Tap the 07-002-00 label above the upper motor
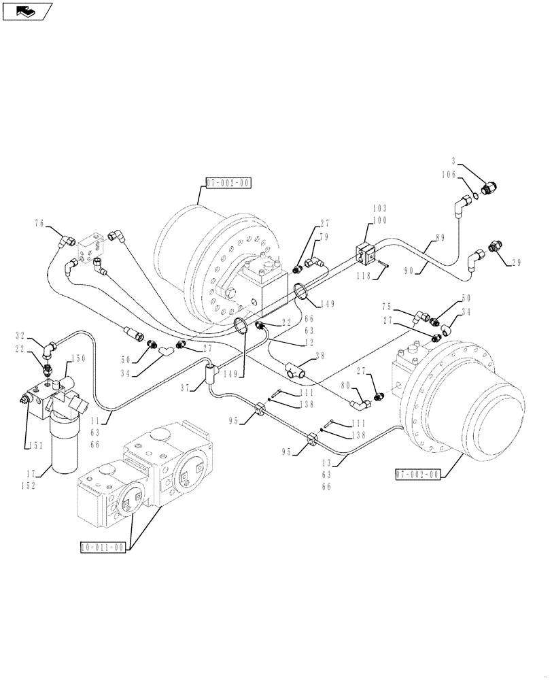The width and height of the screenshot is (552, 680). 227,183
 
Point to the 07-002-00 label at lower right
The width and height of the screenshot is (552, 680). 417,474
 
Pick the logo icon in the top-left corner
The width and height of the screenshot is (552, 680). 28,10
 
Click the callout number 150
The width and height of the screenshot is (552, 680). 78,358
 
